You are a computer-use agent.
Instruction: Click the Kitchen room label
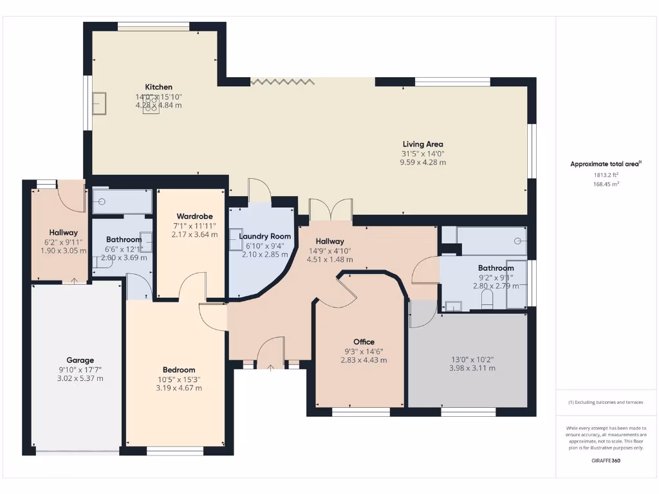(158, 87)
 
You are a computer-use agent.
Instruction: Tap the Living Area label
(423, 144)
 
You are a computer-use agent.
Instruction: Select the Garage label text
(80, 360)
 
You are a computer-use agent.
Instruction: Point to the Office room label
(364, 342)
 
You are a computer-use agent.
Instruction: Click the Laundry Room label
(265, 236)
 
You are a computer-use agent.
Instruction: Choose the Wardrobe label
(194, 216)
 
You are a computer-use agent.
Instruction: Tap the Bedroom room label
(179, 370)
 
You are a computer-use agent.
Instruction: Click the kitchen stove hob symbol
(151, 105)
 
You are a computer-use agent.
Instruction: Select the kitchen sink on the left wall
(100, 103)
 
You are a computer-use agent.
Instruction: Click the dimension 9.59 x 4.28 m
(423, 162)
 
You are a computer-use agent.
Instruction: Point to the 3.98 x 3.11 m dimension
(472, 368)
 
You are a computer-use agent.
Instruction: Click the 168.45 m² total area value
(606, 184)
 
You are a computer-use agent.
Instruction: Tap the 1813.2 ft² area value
(606, 175)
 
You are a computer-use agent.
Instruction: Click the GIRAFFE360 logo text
(606, 461)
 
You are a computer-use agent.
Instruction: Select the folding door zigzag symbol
(283, 82)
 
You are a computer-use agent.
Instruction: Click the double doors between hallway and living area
(331, 209)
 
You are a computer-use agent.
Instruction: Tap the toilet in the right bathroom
(487, 300)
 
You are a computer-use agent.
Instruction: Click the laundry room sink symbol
(236, 239)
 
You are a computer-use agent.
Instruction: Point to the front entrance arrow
(270, 369)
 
